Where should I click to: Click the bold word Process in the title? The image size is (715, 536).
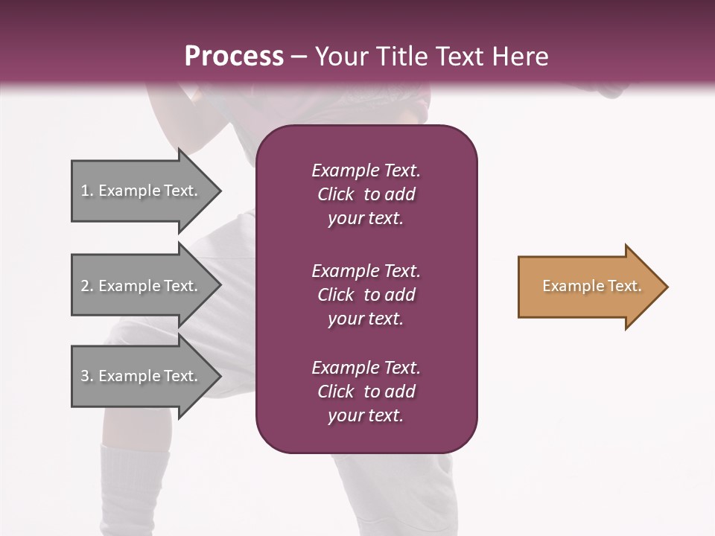234,57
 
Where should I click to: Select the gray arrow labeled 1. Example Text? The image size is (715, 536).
142,191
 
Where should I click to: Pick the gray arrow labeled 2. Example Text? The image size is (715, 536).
142,286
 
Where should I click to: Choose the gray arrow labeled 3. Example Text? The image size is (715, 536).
142,376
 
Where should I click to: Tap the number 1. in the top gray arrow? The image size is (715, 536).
86,191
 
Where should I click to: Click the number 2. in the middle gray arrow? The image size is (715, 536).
86,286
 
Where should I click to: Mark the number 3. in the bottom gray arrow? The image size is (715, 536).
86,376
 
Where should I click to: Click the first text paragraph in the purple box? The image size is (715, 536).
366,194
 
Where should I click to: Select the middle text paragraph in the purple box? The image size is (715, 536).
366,295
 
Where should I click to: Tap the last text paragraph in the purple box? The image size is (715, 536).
366,392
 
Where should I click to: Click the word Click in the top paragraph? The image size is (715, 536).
335,194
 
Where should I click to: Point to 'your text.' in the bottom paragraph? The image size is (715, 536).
366,415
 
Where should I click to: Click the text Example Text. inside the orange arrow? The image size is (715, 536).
591,286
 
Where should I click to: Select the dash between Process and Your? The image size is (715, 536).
299,57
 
